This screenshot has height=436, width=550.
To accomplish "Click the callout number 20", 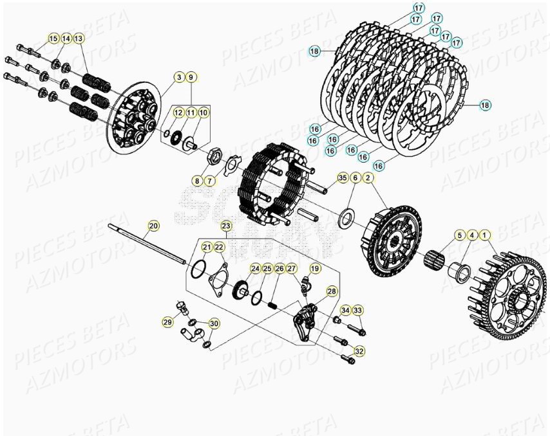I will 153,226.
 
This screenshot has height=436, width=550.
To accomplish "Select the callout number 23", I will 225,226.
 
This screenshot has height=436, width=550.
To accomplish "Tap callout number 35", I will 342,177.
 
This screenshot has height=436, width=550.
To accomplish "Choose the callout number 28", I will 332,291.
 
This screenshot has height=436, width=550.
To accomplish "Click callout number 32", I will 359,351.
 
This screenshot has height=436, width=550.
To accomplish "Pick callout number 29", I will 167,322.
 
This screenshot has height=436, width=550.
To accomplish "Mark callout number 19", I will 314,268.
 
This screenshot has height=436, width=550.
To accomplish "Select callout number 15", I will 53,39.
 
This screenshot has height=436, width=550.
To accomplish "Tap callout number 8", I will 197,181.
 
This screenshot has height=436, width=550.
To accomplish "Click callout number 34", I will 345,311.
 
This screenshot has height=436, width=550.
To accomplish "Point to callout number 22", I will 219,247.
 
